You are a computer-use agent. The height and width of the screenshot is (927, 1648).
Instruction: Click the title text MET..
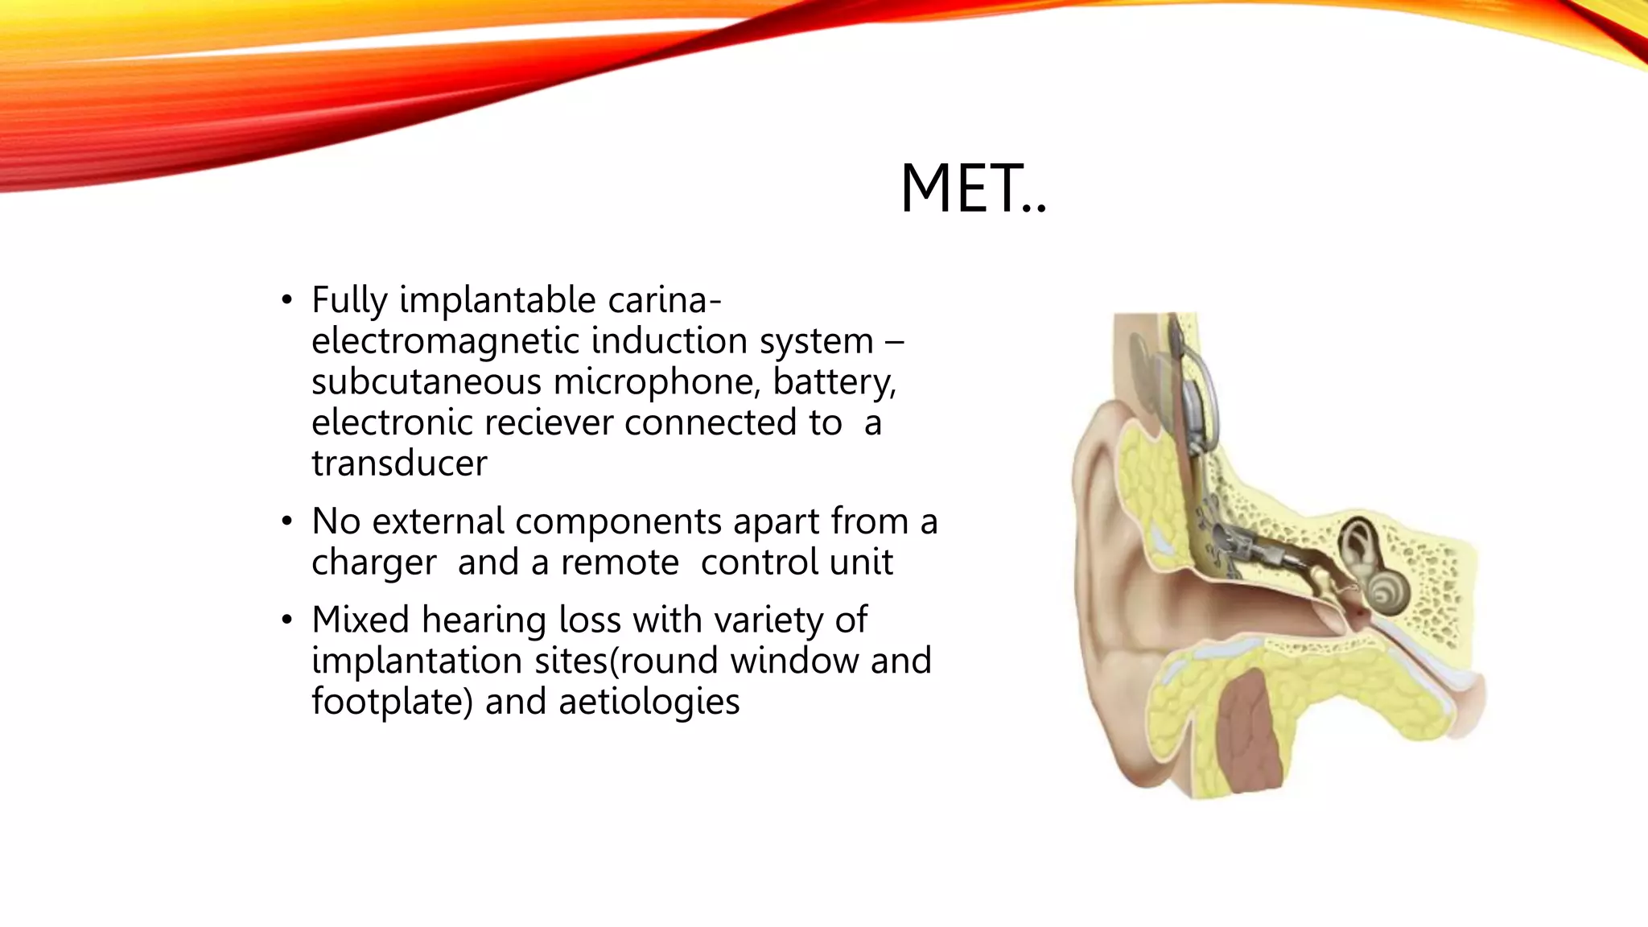[x=972, y=189]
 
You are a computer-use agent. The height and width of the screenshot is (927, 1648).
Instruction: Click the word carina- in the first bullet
[x=664, y=300]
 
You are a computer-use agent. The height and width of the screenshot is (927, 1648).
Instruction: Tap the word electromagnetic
[x=446, y=341]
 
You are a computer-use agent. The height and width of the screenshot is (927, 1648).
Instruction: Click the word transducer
[x=399, y=464]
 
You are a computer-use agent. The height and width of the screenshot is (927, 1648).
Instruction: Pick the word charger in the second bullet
[x=374, y=562]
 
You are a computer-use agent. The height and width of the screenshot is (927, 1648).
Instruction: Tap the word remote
[x=620, y=562]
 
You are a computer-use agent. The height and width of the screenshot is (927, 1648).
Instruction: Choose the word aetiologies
[x=649, y=702]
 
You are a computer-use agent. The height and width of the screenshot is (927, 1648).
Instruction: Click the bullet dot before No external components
[x=286, y=522]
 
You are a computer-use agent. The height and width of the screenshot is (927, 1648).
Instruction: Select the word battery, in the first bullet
[x=834, y=382]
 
